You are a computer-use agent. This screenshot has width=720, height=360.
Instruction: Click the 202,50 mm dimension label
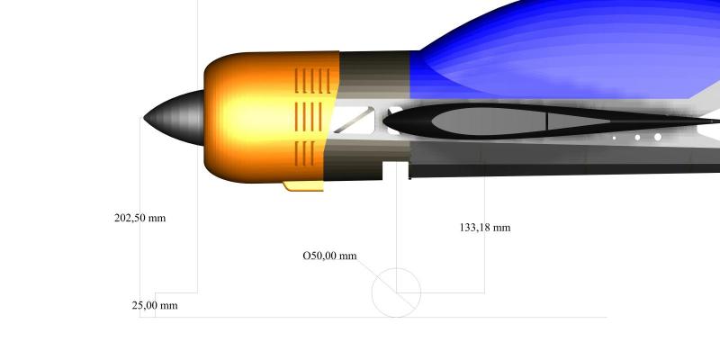pyautogui.click(x=139, y=218)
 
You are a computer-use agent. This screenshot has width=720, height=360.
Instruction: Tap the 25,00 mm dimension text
pyautogui.click(x=155, y=305)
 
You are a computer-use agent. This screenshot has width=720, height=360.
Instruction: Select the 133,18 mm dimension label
pyautogui.click(x=485, y=228)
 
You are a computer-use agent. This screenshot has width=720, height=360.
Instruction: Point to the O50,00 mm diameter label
pyautogui.click(x=329, y=256)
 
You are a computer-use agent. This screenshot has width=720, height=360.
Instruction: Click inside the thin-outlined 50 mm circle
pyautogui.click(x=396, y=292)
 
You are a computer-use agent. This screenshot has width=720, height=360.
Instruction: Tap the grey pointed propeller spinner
pyautogui.click(x=175, y=118)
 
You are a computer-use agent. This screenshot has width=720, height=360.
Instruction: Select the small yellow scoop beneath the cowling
pyautogui.click(x=303, y=186)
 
